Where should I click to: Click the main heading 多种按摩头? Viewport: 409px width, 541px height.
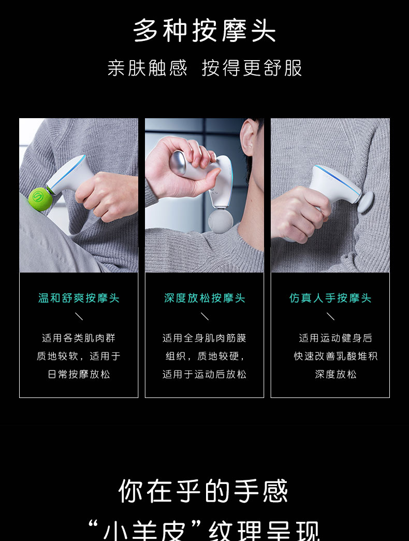204,31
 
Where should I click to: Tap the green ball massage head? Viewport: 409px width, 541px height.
41,199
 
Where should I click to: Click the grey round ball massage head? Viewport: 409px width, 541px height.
221,221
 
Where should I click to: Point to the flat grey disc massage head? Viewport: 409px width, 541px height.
366,202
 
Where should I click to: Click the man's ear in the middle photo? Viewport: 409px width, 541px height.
247,137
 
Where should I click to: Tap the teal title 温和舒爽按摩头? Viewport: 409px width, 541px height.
79,298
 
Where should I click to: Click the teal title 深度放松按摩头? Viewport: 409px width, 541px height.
204,298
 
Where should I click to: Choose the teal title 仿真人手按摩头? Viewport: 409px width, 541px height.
330,298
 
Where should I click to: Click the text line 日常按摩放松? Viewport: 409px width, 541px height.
79,374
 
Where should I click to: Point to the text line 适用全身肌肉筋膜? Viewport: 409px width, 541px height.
204,338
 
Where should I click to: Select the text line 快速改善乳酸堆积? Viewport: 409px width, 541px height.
335,356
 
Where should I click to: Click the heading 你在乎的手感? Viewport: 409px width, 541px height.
203,491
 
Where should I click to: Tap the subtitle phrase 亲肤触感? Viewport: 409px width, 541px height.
148,68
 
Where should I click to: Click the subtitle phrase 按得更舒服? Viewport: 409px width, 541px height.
252,68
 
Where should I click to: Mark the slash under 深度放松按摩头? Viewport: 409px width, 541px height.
204,316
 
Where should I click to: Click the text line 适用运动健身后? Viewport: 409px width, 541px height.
335,338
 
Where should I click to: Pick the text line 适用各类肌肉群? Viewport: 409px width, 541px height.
79,338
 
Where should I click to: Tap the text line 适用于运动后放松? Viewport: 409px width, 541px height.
204,374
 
